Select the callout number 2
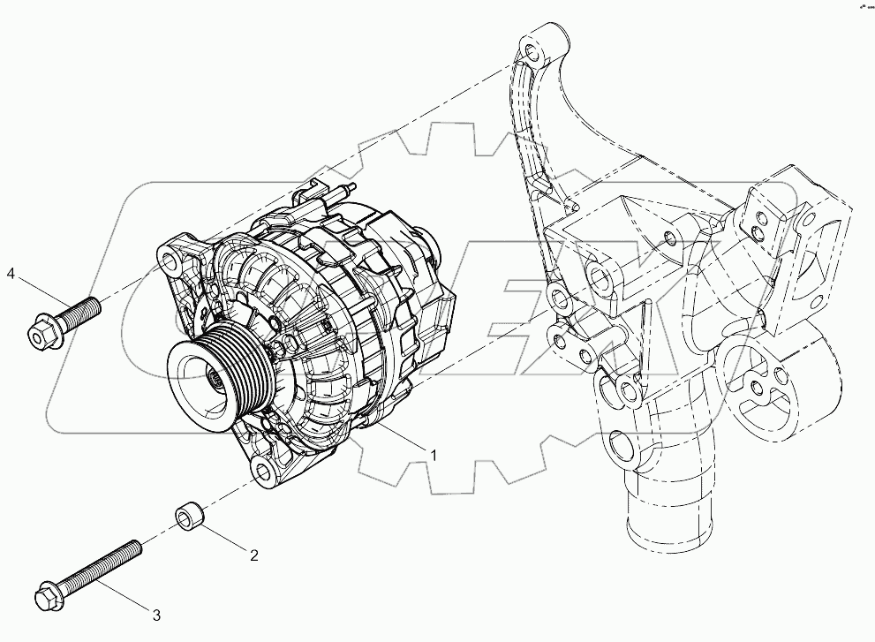tap(253, 555)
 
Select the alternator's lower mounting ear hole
tap(262, 464)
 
